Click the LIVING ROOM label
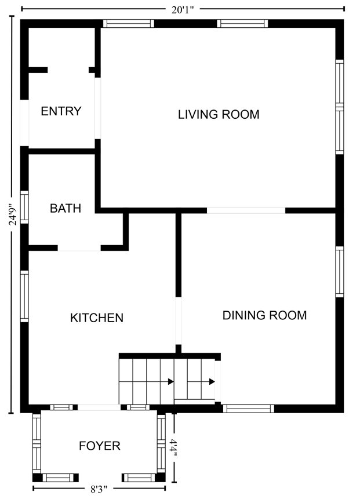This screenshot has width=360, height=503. [x=219, y=115]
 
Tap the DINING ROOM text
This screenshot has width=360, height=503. [x=264, y=315]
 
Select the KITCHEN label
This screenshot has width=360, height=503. [x=97, y=318]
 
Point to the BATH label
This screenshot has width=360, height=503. [x=66, y=209]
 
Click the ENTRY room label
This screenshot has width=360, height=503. [x=61, y=111]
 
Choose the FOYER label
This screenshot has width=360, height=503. [x=100, y=446]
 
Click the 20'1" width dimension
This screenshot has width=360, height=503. [x=183, y=10]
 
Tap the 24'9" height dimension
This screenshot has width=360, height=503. [x=13, y=214]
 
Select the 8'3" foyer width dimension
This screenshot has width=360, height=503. [x=99, y=489]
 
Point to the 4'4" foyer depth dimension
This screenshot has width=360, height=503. [x=174, y=447]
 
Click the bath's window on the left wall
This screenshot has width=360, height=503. [x=24, y=207]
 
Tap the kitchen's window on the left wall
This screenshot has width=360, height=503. [x=24, y=296]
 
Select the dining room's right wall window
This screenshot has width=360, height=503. [x=340, y=272]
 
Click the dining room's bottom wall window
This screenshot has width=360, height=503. [x=249, y=409]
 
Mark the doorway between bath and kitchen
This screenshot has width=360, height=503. [x=79, y=248]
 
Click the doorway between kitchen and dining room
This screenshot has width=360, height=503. [x=179, y=321]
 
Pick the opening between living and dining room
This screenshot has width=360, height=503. [x=246, y=211]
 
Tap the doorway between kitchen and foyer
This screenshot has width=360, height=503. [x=99, y=407]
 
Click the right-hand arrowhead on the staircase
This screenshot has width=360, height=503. [x=212, y=381]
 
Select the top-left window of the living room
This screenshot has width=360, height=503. [x=129, y=24]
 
